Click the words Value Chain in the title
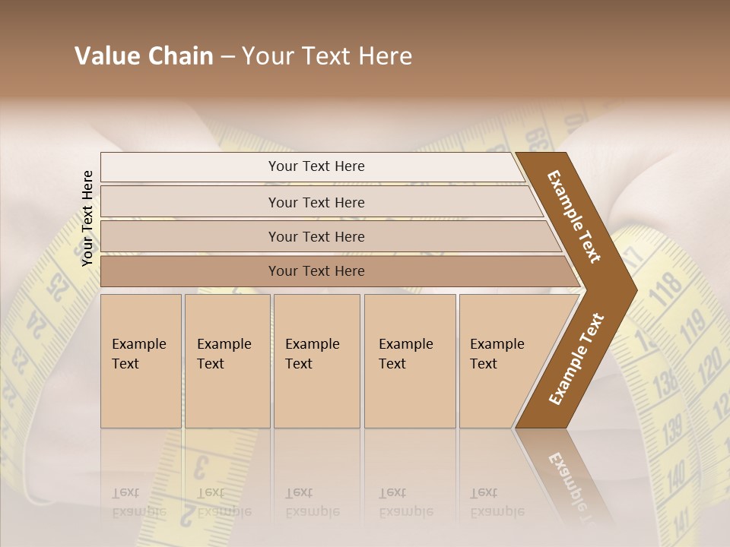point(144,56)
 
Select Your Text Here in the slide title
point(327,56)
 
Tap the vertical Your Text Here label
point(87,218)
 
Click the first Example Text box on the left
point(141,361)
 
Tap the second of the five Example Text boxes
point(227,361)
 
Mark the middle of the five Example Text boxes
point(316,361)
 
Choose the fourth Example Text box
point(409,361)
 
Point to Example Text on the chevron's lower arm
point(576,359)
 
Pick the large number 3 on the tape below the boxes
point(202,466)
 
